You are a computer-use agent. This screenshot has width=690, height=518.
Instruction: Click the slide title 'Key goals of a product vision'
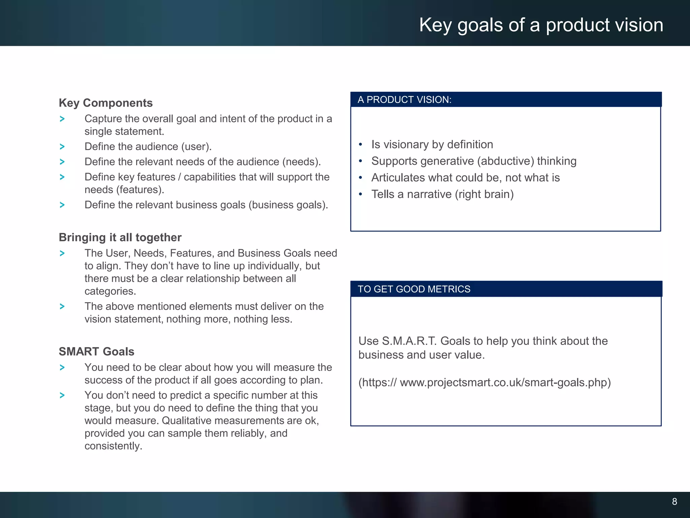(541, 25)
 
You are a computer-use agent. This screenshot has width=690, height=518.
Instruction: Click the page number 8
(674, 501)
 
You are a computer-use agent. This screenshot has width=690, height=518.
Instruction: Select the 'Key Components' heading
(105, 103)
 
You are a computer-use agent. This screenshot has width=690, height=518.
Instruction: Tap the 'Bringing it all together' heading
(120, 237)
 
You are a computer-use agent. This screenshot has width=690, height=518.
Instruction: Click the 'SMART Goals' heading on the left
(96, 351)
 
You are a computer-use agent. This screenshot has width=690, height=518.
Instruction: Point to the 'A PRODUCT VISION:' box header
(404, 100)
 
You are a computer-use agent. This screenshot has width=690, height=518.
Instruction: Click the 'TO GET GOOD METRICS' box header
(414, 289)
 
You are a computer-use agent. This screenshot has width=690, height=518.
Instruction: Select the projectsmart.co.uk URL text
(484, 382)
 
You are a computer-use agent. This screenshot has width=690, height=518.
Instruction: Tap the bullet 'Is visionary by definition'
(432, 144)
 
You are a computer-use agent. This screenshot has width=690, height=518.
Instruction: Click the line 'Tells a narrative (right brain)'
(442, 194)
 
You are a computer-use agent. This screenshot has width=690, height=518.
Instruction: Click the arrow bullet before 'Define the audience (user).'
(62, 147)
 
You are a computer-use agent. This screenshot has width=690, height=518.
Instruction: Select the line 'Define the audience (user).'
(148, 147)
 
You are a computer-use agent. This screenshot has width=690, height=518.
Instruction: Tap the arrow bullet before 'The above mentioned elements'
(62, 306)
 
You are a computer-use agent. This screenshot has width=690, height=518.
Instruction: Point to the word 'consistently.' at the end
(113, 446)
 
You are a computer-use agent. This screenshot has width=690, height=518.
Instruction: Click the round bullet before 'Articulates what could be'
(360, 178)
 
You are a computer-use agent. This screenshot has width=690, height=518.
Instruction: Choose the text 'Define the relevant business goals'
(165, 205)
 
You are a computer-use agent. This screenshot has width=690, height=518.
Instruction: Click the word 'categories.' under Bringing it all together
(110, 291)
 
